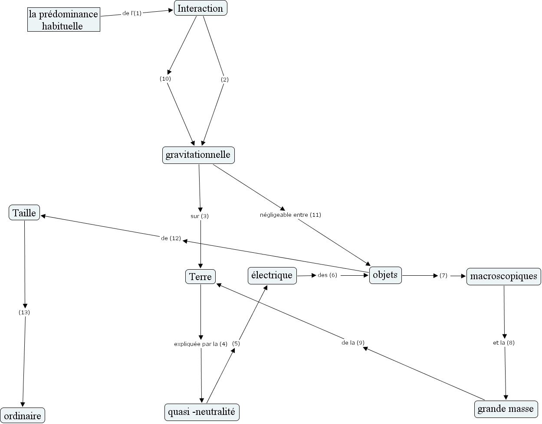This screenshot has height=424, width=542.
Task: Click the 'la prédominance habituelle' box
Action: click(x=63, y=20)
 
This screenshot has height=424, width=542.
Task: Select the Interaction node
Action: click(x=200, y=8)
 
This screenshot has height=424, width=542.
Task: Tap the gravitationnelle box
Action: click(x=198, y=155)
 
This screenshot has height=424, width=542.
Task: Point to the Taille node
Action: click(x=24, y=213)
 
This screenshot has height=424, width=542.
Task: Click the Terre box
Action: click(x=200, y=277)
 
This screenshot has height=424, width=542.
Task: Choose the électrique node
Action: click(x=272, y=275)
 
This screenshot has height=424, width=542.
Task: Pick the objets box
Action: click(x=385, y=275)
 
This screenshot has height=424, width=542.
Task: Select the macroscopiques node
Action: click(x=503, y=276)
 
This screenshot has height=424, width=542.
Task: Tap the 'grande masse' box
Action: click(x=506, y=409)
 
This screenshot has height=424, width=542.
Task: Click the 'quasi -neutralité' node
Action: click(x=202, y=412)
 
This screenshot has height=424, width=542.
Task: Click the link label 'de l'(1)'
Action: click(x=132, y=13)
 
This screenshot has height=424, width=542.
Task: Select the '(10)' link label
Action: click(x=165, y=79)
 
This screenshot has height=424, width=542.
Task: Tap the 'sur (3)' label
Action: click(x=200, y=216)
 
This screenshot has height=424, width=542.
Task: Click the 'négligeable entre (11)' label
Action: click(x=290, y=215)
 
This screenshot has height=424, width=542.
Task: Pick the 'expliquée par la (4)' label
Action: click(x=200, y=344)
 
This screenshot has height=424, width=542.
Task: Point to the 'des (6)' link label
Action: click(x=327, y=275)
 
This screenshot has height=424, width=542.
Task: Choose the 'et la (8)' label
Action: click(x=504, y=342)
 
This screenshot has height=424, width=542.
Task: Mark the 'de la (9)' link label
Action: click(x=353, y=342)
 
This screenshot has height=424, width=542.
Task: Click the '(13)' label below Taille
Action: click(x=24, y=312)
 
